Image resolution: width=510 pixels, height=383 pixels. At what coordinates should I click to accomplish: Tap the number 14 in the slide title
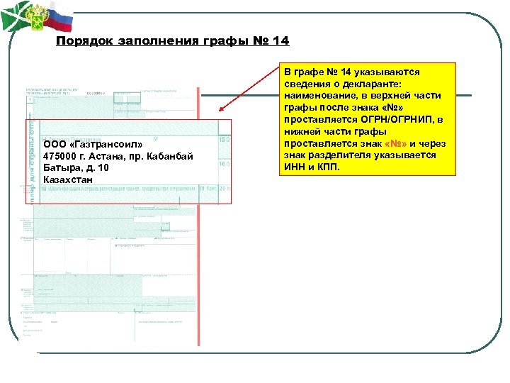(x=280, y=40)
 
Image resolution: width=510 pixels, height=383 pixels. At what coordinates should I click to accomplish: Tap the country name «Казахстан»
(x=67, y=181)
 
